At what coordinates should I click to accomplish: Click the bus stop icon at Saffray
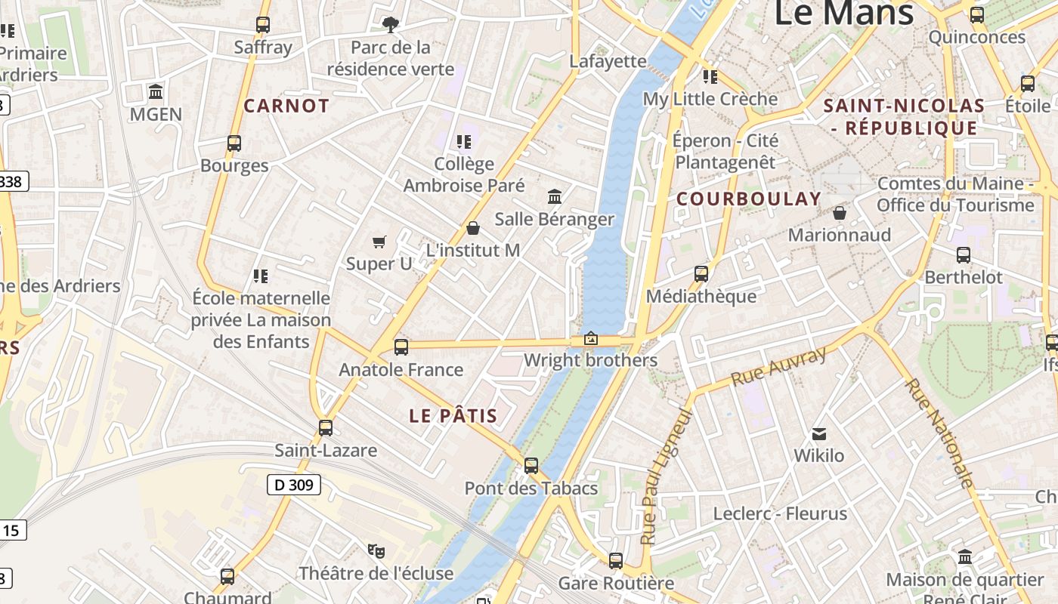(x=262, y=25)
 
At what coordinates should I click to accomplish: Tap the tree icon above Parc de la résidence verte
(x=390, y=25)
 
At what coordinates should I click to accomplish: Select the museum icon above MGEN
(x=156, y=92)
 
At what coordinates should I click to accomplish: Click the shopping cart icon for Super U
(x=379, y=242)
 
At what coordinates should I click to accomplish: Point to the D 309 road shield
(x=294, y=485)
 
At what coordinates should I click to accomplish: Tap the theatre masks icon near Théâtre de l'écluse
(x=376, y=550)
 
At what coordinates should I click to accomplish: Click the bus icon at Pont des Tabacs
(x=531, y=466)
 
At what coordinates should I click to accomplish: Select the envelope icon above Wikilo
(x=819, y=434)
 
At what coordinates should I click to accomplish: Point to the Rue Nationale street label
(x=939, y=433)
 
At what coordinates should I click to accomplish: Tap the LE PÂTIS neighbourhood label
(x=453, y=415)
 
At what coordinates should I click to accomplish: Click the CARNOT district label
(x=286, y=106)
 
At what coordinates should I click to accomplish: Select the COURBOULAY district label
(x=748, y=199)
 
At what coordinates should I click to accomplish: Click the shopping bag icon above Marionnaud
(x=839, y=213)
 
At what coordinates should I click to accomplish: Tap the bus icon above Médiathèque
(x=701, y=274)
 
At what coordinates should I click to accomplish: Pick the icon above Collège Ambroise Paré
(x=463, y=142)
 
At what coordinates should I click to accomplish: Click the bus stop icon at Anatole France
(x=401, y=347)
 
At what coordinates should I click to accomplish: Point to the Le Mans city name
(x=844, y=14)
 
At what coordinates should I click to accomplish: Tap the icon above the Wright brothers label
(x=591, y=339)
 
